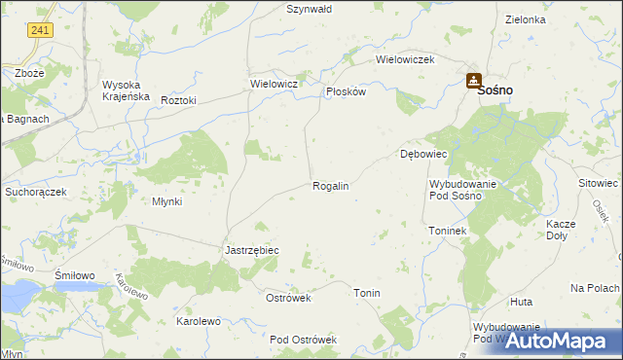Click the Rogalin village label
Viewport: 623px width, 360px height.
330,185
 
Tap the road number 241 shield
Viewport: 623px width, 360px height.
40,31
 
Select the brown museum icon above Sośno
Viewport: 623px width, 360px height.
473,80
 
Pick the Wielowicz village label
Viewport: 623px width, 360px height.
273,85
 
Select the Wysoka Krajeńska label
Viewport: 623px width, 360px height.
125,90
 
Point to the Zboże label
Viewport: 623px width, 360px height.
29,73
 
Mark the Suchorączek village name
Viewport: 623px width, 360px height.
35,193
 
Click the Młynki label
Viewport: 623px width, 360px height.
167,201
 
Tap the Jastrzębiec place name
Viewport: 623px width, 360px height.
252,250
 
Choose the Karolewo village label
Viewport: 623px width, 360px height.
198,320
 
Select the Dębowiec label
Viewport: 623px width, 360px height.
423,155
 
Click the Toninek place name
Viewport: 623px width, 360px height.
449,231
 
